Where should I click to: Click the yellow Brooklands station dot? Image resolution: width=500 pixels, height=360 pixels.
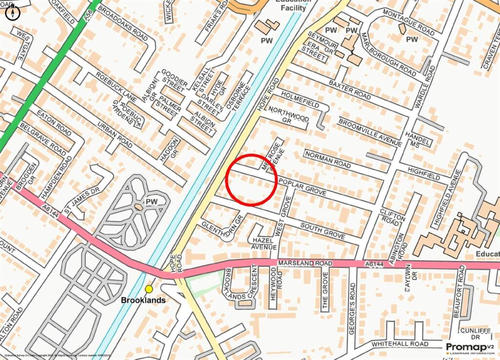pyautogui.click(x=149, y=289)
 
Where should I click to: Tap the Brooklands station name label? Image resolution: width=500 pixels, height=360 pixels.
pyautogui.click(x=143, y=300)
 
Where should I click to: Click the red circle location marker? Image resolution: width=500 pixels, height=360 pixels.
pyautogui.click(x=252, y=180)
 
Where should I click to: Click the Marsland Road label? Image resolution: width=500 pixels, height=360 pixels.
pyautogui.click(x=305, y=263)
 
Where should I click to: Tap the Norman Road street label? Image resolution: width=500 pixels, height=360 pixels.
pyautogui.click(x=328, y=160)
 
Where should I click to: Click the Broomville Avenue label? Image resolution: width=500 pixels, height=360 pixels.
pyautogui.click(x=370, y=132)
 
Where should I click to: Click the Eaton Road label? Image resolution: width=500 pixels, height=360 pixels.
pyautogui.click(x=54, y=122)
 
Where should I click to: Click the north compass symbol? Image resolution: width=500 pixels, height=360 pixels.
pyautogui.click(x=13, y=12)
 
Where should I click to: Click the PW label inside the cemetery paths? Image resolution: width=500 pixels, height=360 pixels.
pyautogui.click(x=151, y=202)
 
